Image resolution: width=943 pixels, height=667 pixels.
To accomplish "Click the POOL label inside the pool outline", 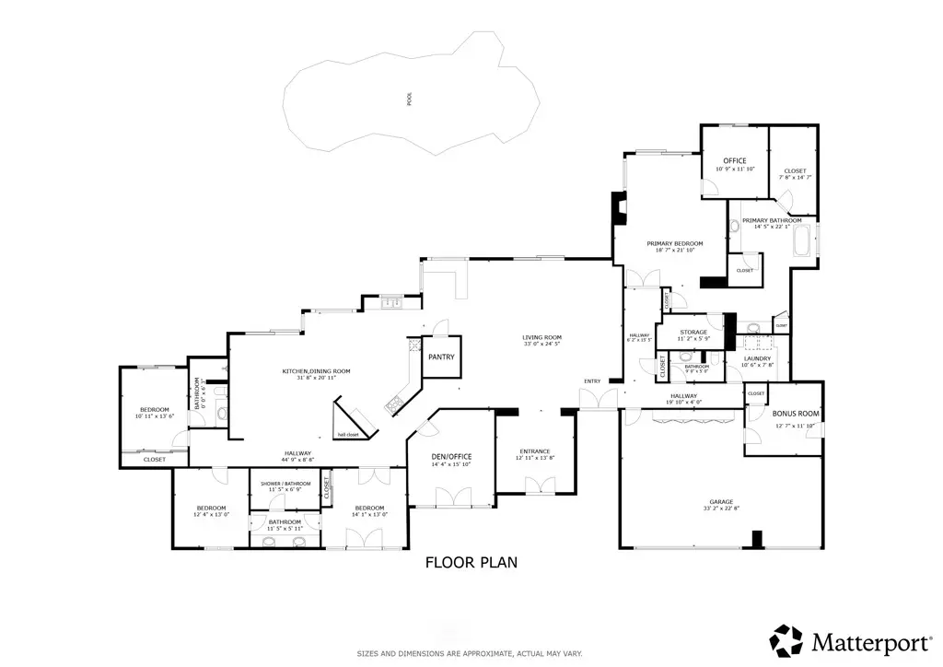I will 410,99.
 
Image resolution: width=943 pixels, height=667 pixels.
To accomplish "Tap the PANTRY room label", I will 437,357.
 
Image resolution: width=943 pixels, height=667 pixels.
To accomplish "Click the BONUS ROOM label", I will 796,415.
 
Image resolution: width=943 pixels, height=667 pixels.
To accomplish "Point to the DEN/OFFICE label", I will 451,457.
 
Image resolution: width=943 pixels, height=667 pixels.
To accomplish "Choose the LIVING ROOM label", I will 541,338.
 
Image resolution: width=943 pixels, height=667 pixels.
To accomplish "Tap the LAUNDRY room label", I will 758,358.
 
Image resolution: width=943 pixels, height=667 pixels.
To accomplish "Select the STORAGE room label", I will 693,332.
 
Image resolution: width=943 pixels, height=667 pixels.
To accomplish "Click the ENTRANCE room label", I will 533,451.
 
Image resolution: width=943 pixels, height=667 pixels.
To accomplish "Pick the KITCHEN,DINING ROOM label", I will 316,371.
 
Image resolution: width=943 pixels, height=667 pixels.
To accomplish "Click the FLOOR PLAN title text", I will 472,561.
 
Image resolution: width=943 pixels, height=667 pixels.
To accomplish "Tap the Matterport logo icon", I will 786,640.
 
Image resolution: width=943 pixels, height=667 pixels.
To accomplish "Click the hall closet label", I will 347,434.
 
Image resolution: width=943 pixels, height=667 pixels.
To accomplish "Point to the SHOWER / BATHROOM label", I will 285,483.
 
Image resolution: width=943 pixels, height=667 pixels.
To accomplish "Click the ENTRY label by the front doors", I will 591,381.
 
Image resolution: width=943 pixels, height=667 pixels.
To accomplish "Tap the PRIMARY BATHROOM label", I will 772,221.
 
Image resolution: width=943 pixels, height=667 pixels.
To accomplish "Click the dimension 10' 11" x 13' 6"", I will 154,416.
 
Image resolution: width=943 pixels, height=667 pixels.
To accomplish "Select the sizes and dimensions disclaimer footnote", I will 470,653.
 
